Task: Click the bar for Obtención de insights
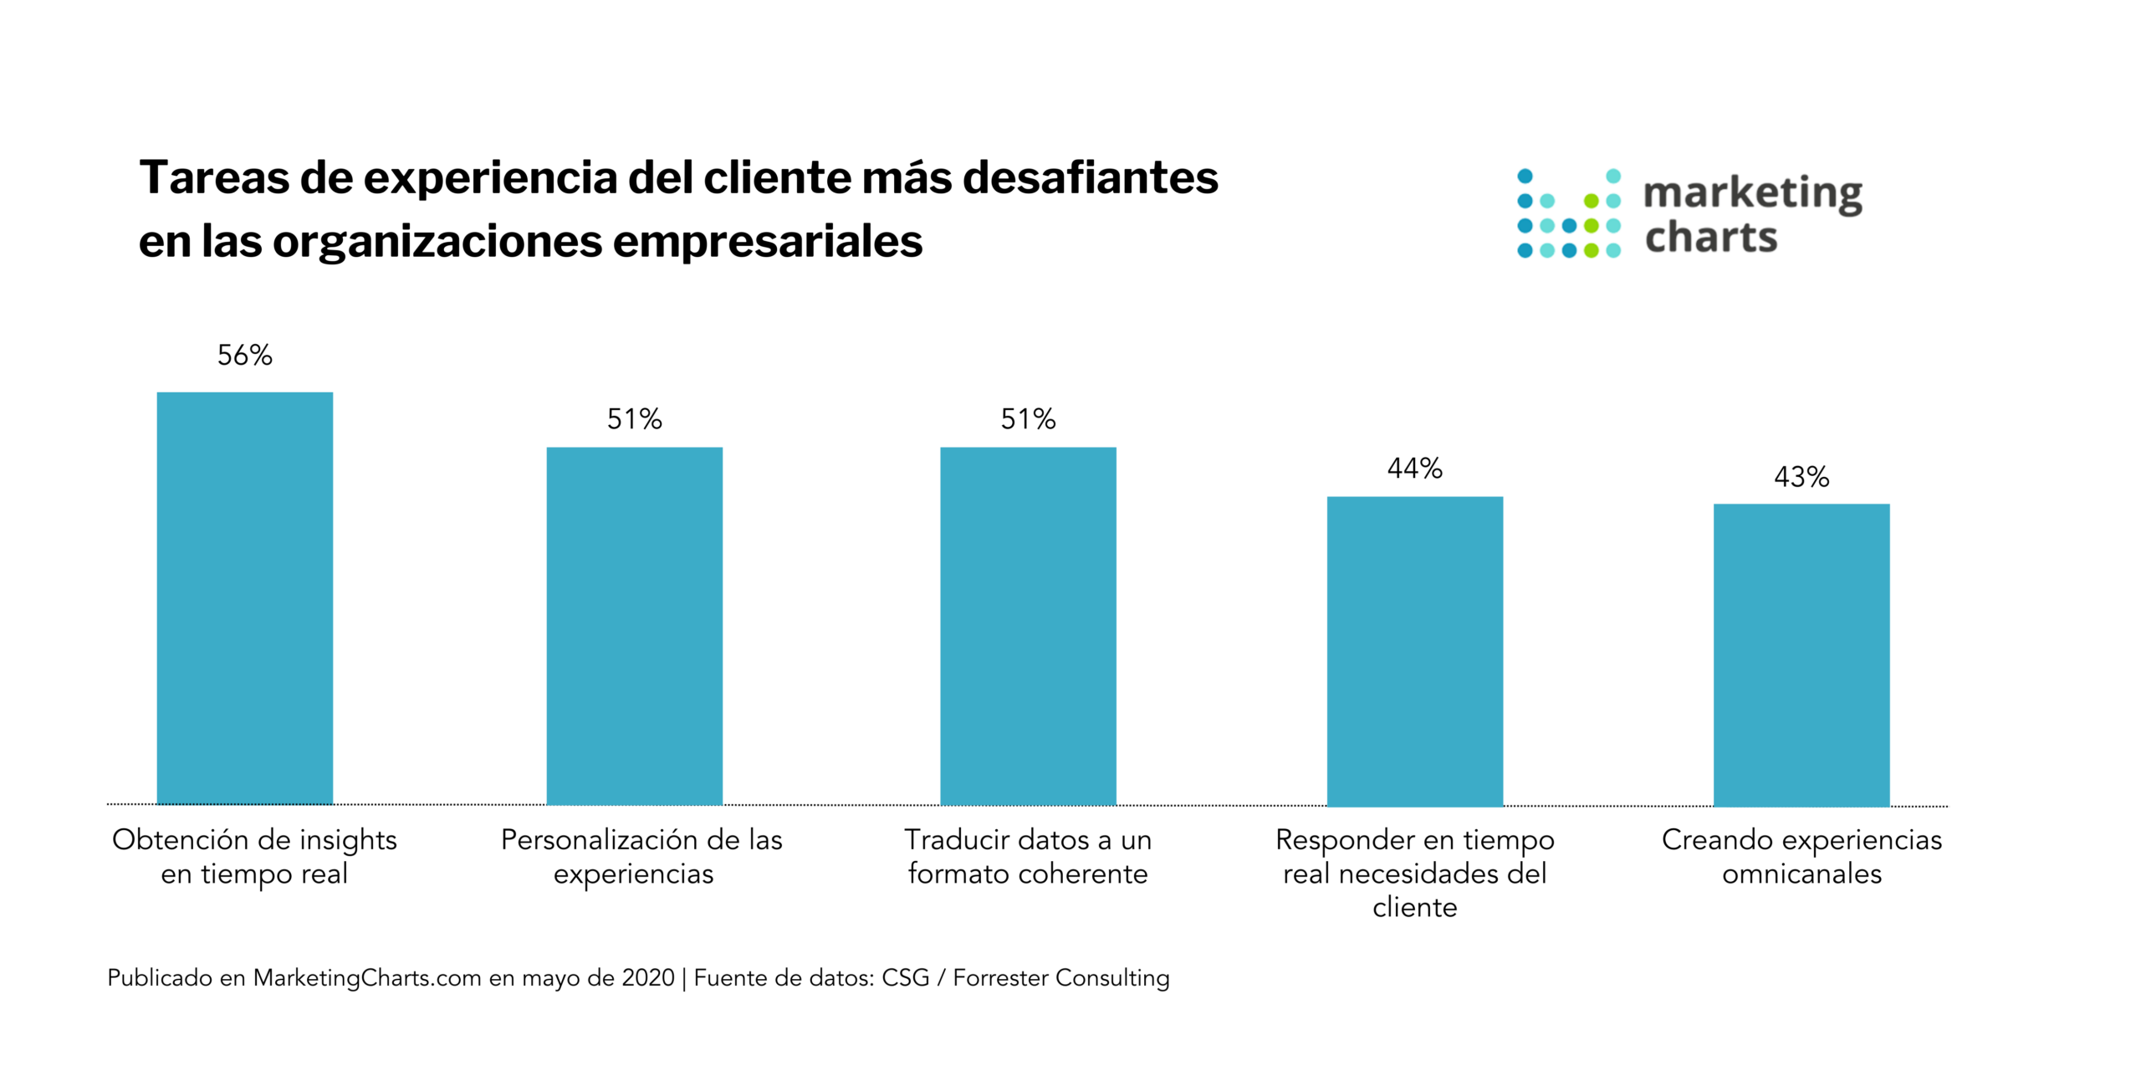coord(245,598)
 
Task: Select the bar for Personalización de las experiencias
coord(634,626)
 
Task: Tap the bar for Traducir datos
coord(1028,626)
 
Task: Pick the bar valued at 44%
coord(1414,651)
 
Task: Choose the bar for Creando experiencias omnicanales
coord(1801,654)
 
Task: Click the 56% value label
coord(245,356)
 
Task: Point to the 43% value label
coord(1801,477)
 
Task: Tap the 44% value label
coord(1414,469)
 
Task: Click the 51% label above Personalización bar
coord(634,419)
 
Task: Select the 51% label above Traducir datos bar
coord(1028,419)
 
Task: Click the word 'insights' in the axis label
coord(348,840)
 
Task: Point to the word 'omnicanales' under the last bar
coord(1801,874)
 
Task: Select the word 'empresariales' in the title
coord(767,242)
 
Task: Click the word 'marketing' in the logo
coord(1753,194)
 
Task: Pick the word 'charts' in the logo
coord(1711,238)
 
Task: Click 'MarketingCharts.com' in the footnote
coord(367,978)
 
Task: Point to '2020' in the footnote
coord(648,978)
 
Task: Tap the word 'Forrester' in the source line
coord(1000,978)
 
